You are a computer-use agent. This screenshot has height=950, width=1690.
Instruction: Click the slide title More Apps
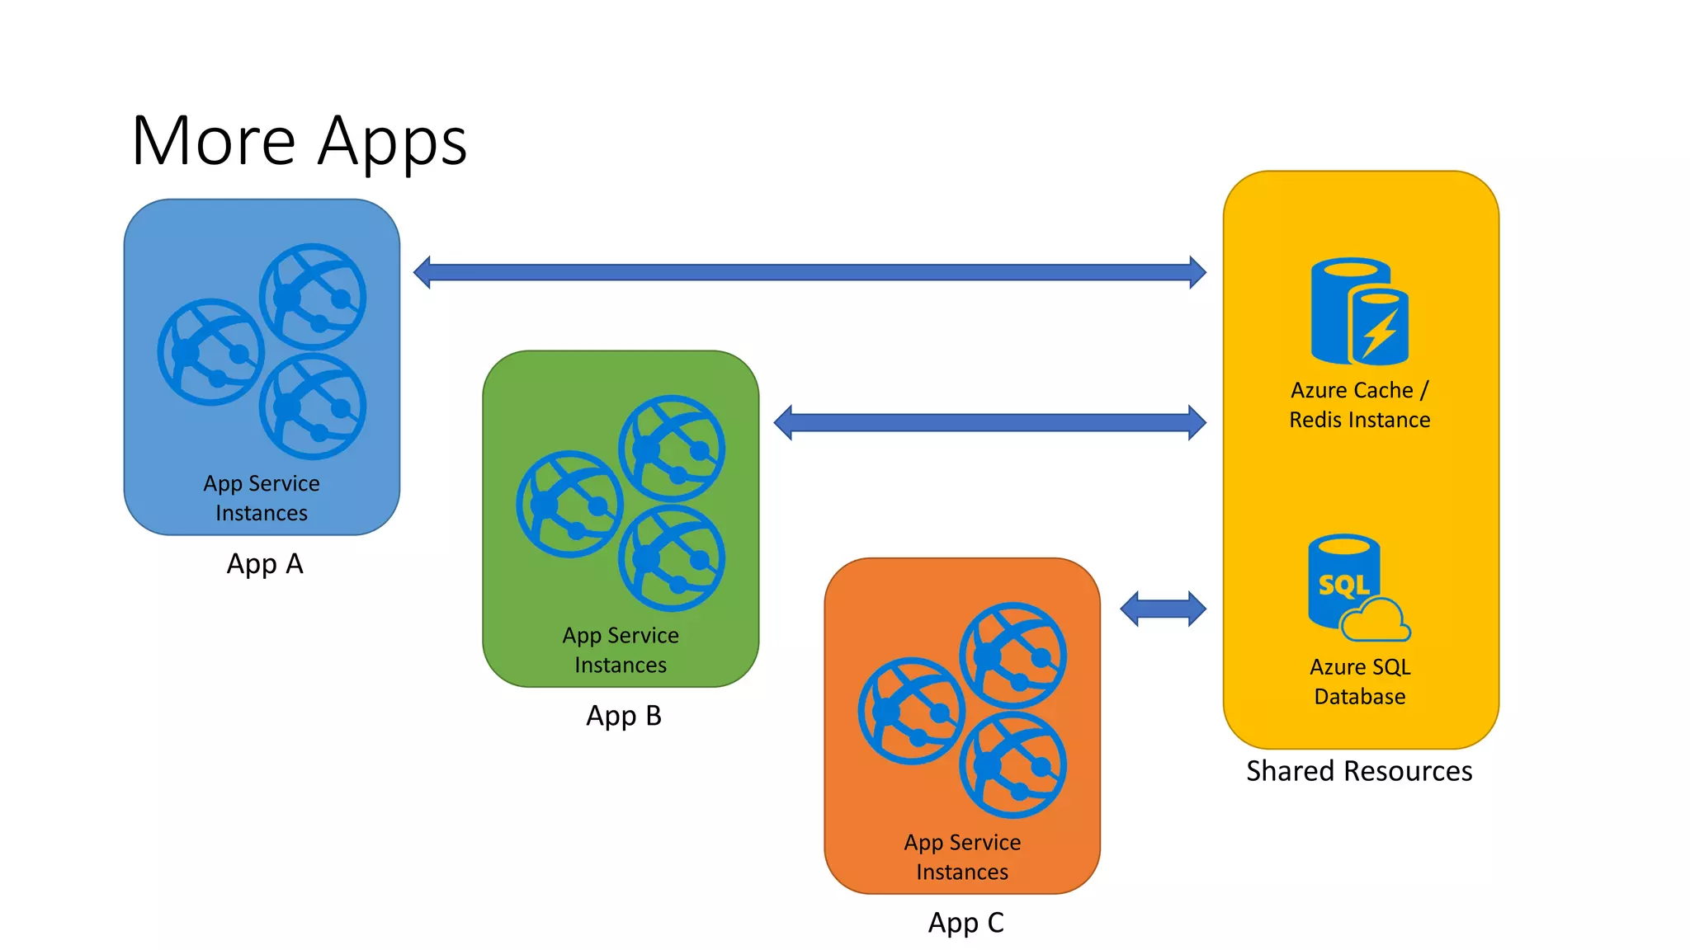coord(299,141)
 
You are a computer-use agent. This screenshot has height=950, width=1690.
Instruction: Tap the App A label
coord(265,564)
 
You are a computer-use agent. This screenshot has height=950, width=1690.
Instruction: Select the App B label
coord(624,716)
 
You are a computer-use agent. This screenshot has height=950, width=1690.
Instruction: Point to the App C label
coord(965,922)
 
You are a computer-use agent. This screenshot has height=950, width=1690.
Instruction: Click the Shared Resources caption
coord(1359,771)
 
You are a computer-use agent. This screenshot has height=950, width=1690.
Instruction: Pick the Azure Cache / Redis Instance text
coord(1359,405)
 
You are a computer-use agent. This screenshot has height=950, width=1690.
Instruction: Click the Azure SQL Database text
coord(1359,681)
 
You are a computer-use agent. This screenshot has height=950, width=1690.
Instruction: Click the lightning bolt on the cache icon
coord(1381,333)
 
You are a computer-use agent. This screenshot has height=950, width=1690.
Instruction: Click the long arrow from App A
coord(809,272)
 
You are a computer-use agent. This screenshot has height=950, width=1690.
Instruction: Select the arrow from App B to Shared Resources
coord(989,422)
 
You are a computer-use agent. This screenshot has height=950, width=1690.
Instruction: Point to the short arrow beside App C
coord(1163,609)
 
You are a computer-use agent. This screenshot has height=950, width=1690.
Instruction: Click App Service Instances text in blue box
coord(262,498)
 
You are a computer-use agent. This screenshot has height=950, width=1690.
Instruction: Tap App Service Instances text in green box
coord(621,650)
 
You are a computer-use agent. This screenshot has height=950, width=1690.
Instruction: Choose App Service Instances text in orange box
coord(962,857)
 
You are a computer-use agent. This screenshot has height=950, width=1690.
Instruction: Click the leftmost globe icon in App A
coord(211,352)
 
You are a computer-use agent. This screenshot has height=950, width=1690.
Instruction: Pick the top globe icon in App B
coord(672,449)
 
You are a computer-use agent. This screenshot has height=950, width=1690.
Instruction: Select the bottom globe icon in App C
coord(1013,765)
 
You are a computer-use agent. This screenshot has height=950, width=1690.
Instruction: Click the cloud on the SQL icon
coord(1376,623)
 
